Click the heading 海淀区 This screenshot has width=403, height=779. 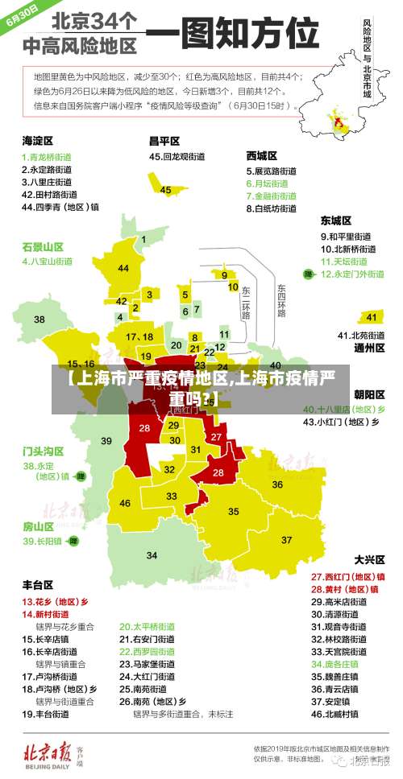pyautogui.click(x=37, y=140)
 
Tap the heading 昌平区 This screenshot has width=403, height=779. pyautogui.click(x=164, y=140)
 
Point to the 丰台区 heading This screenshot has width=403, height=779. pyautogui.click(x=37, y=584)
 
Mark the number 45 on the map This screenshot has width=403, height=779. pyautogui.click(x=165, y=190)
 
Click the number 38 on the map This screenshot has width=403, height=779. pyautogui.click(x=39, y=319)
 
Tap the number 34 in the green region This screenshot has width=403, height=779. pyautogui.click(x=152, y=554)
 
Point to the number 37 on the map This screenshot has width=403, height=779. pyautogui.click(x=286, y=539)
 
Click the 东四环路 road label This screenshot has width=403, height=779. pyautogui.click(x=281, y=299)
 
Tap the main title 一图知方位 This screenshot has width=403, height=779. pyautogui.click(x=233, y=36)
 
